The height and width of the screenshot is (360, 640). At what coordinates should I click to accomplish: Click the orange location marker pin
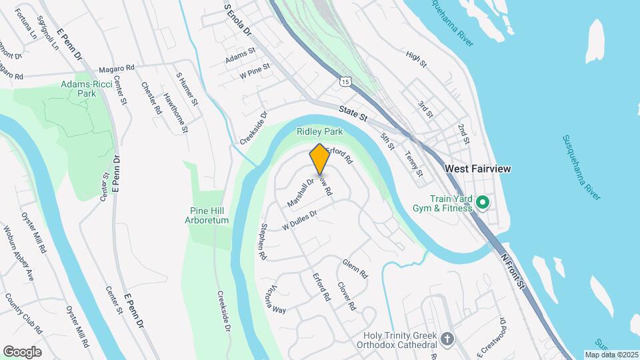coord(319,159)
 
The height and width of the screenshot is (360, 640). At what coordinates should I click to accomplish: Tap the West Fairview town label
coord(477,169)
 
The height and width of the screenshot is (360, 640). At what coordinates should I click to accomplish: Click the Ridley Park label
coord(319,132)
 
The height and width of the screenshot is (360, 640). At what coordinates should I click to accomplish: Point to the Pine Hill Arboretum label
coord(207,215)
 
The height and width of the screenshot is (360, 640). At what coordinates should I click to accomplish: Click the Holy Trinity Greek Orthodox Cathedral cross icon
coord(448,339)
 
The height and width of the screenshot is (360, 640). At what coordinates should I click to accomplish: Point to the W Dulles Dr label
coord(299,221)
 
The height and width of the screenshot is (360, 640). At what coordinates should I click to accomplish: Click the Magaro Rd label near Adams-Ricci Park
coord(116,68)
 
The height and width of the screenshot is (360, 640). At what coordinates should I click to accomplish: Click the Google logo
coord(22,351)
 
